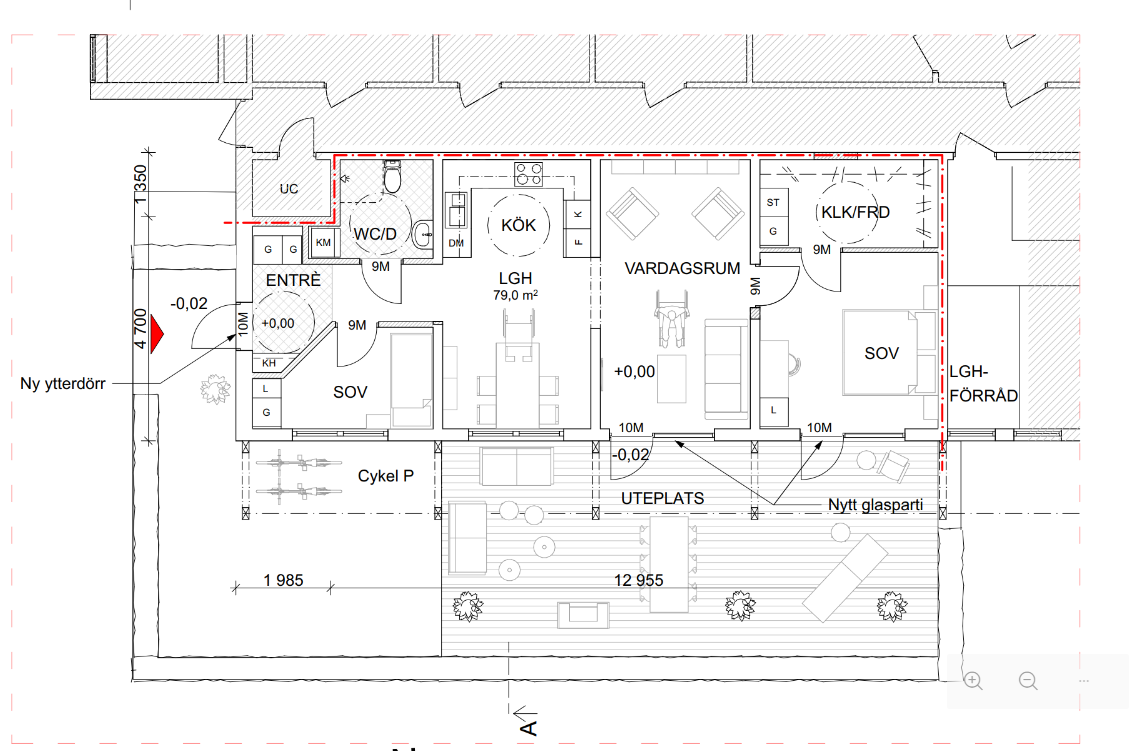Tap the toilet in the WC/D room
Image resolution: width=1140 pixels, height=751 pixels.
(x=392, y=176)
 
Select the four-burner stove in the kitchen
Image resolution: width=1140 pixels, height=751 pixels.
(x=529, y=174)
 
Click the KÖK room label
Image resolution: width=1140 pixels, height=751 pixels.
(x=519, y=226)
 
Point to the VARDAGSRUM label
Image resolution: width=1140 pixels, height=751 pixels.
(x=682, y=269)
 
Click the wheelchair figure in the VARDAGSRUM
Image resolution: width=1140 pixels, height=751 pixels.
(x=671, y=318)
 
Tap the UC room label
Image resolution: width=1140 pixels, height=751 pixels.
(x=289, y=189)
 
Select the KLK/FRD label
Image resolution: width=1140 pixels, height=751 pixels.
(x=855, y=212)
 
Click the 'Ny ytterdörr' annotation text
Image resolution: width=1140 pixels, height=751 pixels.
(x=63, y=384)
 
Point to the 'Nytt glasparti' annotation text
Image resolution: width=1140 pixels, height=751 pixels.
(x=875, y=504)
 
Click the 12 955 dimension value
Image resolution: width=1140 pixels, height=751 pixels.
(x=639, y=580)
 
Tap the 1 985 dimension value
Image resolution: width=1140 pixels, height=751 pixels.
(x=283, y=580)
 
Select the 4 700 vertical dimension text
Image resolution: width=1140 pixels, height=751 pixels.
(x=140, y=328)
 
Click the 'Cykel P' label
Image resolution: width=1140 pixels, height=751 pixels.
(x=386, y=476)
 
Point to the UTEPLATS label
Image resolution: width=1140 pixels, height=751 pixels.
(x=663, y=498)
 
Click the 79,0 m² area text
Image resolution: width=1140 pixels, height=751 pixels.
(x=515, y=295)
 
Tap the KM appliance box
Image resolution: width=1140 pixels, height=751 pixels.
(x=323, y=242)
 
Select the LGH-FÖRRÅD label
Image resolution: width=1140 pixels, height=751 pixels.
(x=984, y=384)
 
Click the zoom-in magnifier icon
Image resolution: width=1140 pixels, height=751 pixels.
(x=973, y=680)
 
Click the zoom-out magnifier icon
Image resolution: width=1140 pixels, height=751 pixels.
(x=1028, y=680)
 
